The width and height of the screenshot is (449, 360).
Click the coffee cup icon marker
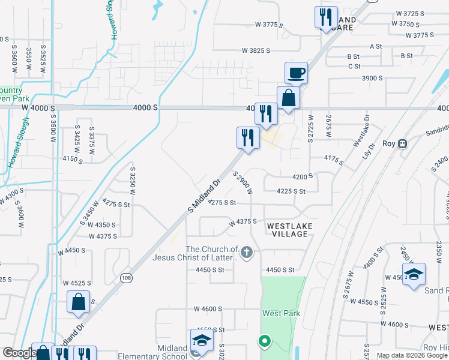(296, 73)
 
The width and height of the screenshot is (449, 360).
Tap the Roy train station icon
(403, 144)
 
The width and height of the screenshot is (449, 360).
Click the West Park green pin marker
(264, 342)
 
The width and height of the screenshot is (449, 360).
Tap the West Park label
(280, 313)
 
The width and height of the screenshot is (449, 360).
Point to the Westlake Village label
(288, 230)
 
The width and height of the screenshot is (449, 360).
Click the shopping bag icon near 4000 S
(288, 98)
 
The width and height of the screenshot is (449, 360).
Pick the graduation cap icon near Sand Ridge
(414, 275)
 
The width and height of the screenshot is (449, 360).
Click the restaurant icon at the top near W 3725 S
(326, 17)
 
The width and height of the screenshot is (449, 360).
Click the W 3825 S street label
(261, 51)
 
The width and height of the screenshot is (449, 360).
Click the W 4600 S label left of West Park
(208, 308)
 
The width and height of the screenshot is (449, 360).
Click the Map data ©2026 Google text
(411, 355)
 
